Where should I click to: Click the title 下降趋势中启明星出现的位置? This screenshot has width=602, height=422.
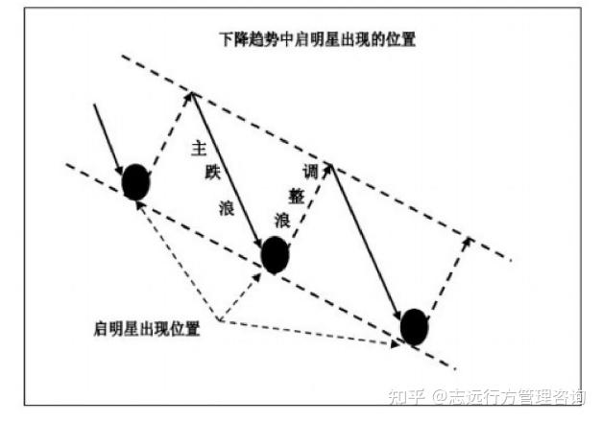(x=316, y=42)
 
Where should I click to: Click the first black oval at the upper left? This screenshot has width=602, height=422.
(x=136, y=181)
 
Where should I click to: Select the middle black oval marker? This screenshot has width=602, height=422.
(x=275, y=255)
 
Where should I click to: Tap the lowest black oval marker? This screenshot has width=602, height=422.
(x=415, y=326)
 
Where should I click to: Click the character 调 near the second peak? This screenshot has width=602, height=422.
(x=309, y=174)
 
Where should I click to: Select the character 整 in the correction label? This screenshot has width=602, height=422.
(x=295, y=196)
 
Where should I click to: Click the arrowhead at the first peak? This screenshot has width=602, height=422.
(x=192, y=94)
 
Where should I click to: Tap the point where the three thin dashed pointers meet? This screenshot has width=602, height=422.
(x=220, y=320)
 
